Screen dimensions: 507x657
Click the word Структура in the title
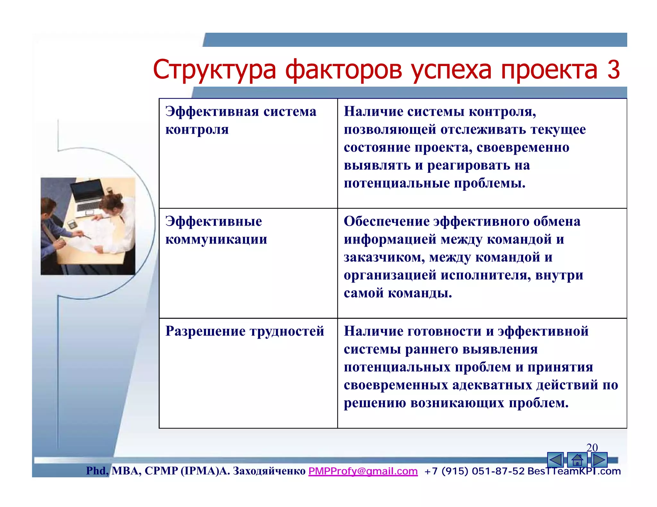click(214, 70)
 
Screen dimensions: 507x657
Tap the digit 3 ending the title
click(613, 70)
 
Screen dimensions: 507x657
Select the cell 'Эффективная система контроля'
click(241, 121)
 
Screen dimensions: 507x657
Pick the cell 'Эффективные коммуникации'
click(216, 230)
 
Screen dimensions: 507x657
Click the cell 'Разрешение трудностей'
click(244, 331)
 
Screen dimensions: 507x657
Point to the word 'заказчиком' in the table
click(384, 257)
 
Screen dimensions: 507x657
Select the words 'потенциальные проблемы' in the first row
click(434, 184)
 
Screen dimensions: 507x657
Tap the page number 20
click(592, 448)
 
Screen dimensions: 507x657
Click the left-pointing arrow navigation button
click(555, 460)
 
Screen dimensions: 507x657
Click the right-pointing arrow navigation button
click(599, 460)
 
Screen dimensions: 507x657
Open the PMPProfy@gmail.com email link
click(363, 471)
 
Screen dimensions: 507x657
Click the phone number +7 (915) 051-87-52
click(474, 471)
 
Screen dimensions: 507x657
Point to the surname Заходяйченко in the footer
click(269, 471)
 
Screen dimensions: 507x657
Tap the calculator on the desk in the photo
click(72, 224)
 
